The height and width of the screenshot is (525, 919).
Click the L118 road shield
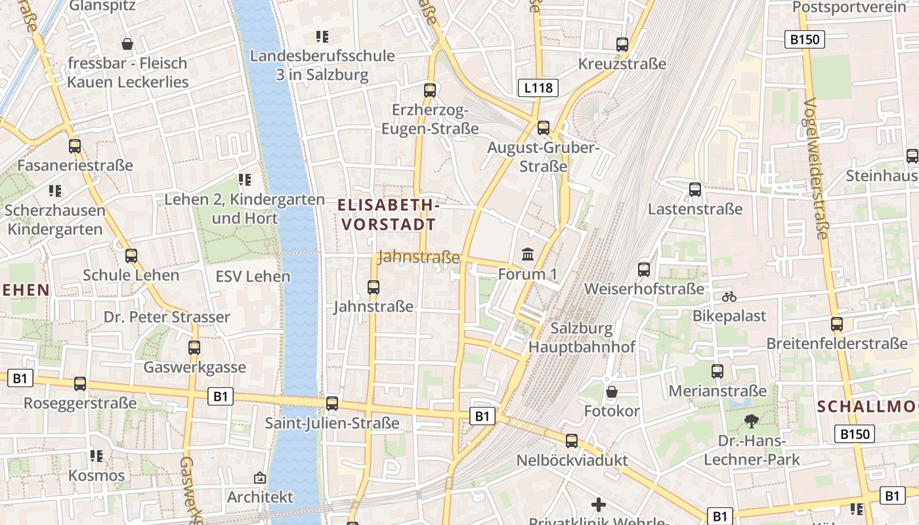pyautogui.click(x=538, y=88)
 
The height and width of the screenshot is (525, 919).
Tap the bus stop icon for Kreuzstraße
pyautogui.click(x=622, y=45)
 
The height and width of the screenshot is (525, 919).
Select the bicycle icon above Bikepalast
pyautogui.click(x=729, y=297)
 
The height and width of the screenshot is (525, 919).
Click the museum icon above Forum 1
pyautogui.click(x=527, y=254)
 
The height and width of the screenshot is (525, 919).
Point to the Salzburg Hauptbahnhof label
pyautogui.click(x=582, y=337)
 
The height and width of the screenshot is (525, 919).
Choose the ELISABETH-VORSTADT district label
pyautogui.click(x=387, y=215)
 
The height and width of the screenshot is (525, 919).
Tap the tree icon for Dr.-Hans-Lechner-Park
pyautogui.click(x=751, y=421)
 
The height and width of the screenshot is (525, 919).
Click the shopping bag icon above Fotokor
pyautogui.click(x=612, y=392)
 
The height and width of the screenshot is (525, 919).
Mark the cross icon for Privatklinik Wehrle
pyautogui.click(x=598, y=505)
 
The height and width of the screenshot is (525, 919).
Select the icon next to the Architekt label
pyautogui.click(x=260, y=478)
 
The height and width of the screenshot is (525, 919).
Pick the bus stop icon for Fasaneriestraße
pyautogui.click(x=75, y=146)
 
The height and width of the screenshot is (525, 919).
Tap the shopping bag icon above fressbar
pyautogui.click(x=127, y=44)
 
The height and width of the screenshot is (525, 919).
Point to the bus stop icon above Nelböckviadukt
pyautogui.click(x=572, y=441)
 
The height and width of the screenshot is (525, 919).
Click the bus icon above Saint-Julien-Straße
pyautogui.click(x=332, y=404)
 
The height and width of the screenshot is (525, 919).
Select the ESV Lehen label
pyautogui.click(x=253, y=276)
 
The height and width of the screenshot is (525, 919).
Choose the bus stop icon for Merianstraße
pyautogui.click(x=717, y=371)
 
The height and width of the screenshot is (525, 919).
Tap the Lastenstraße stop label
pyautogui.click(x=695, y=209)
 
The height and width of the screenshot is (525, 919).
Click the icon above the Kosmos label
pyautogui.click(x=96, y=455)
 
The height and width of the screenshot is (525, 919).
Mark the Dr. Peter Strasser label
pyautogui.click(x=167, y=317)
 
